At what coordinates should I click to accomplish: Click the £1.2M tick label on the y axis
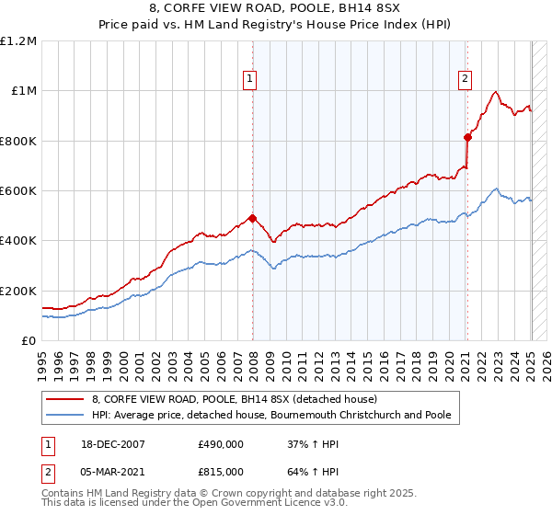(x=19, y=41)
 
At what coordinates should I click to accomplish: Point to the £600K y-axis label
(x=18, y=191)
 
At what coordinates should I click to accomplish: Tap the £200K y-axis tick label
(x=18, y=291)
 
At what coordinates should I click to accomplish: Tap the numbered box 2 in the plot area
(x=466, y=80)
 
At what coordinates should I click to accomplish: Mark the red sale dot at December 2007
(x=252, y=218)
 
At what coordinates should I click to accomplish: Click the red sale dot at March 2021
(x=467, y=137)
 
